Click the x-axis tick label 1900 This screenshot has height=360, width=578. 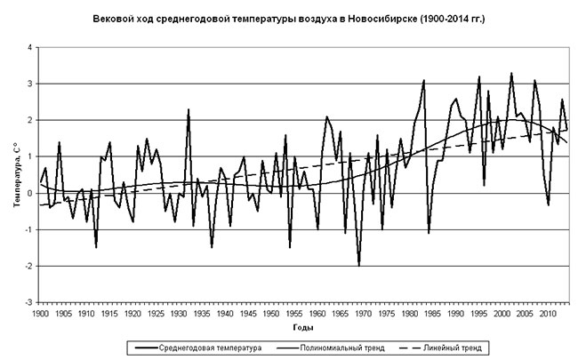click(40, 314)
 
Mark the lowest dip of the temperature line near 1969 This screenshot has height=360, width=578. click(359, 265)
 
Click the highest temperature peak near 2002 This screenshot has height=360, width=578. click(511, 73)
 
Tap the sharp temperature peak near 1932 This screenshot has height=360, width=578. click(189, 109)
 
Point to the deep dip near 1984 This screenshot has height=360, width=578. click(429, 233)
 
